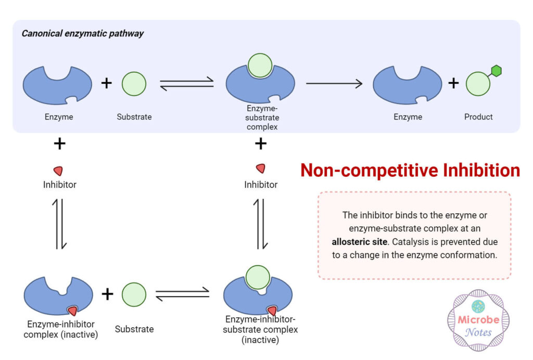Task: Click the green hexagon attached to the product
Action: (x=496, y=71)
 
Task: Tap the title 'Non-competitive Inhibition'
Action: (x=410, y=171)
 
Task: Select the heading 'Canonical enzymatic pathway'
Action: (x=83, y=34)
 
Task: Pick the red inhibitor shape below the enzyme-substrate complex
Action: (x=261, y=169)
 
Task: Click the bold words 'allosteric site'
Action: (x=359, y=241)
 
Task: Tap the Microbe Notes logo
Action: (x=478, y=320)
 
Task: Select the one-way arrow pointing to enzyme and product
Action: (x=334, y=83)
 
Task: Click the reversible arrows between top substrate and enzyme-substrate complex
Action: (x=187, y=83)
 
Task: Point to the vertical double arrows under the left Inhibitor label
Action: (x=60, y=224)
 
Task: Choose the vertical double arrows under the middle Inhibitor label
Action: (x=261, y=224)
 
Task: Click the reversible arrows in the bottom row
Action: (x=182, y=294)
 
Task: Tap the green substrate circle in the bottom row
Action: (x=134, y=294)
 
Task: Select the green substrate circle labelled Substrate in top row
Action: (x=134, y=84)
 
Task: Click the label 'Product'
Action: (x=478, y=117)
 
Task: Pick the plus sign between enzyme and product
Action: (x=453, y=83)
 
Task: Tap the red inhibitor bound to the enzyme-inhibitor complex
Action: (x=72, y=310)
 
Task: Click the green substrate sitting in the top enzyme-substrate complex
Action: (x=260, y=66)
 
